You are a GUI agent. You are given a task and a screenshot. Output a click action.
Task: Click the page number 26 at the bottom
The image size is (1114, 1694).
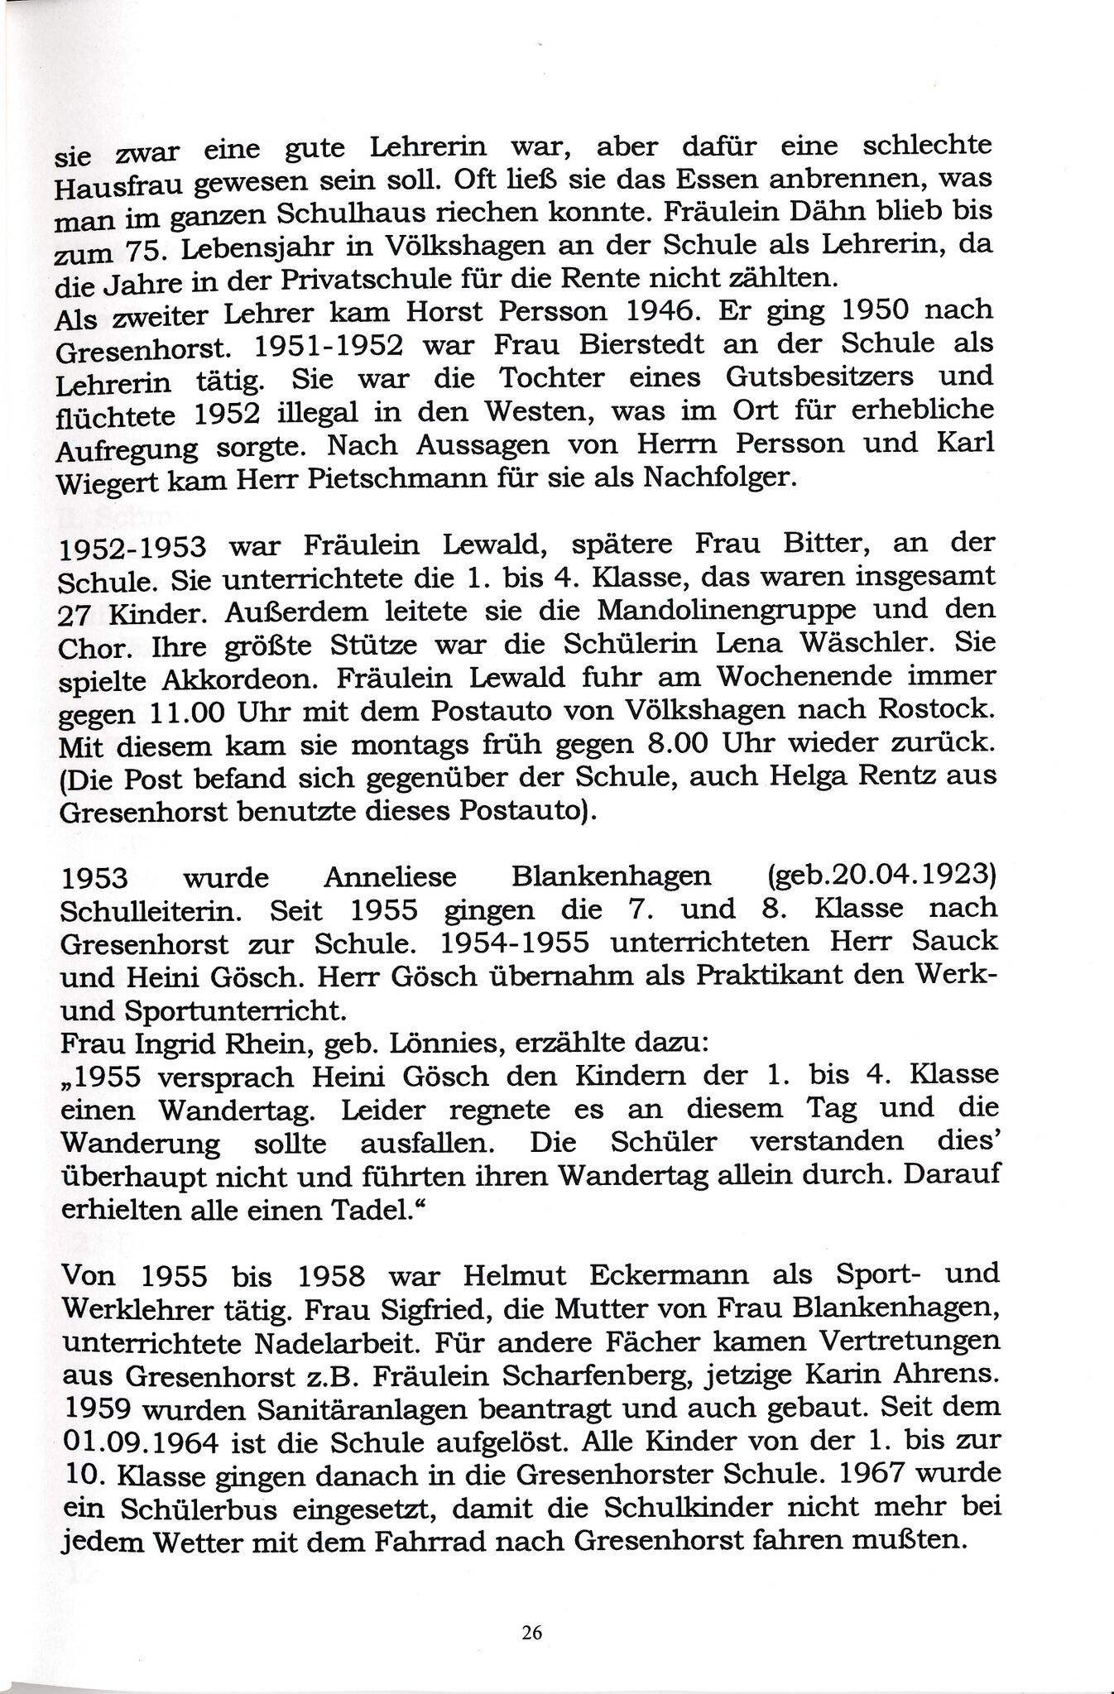coord(532,1633)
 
